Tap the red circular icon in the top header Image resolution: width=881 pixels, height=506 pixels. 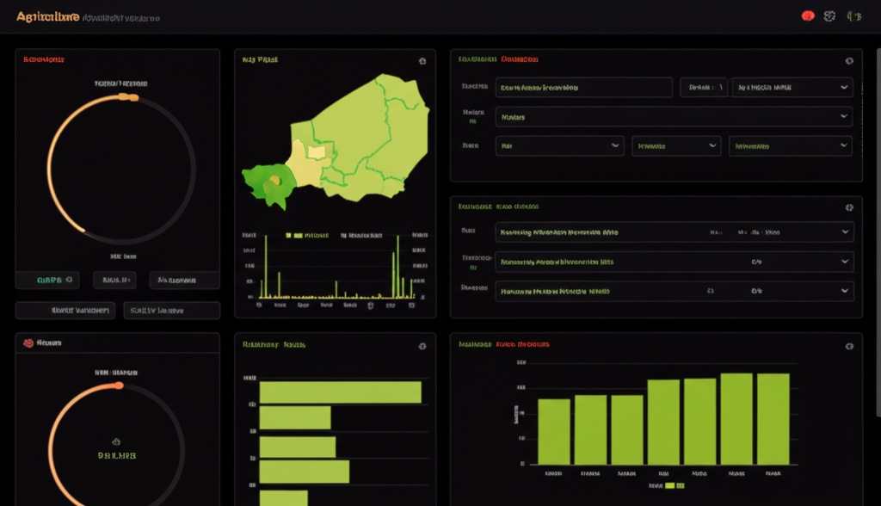(808, 15)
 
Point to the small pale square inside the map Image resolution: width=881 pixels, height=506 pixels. (317, 151)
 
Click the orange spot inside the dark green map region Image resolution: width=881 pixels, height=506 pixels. (275, 179)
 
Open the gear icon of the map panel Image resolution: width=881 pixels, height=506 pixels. (422, 61)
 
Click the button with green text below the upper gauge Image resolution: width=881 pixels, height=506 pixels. (47, 280)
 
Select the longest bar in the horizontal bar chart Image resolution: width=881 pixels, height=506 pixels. (340, 392)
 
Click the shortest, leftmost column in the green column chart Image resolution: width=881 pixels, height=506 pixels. (554, 431)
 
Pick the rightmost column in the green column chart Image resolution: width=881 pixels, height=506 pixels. (773, 418)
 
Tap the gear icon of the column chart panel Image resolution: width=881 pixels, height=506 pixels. (849, 345)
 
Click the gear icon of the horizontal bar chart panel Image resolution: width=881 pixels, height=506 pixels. (422, 345)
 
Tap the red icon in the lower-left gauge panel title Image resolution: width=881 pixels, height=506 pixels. (28, 342)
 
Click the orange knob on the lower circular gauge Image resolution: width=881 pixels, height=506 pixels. (119, 385)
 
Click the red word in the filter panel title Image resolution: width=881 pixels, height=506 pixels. (520, 60)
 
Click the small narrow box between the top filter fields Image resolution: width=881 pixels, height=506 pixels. (703, 87)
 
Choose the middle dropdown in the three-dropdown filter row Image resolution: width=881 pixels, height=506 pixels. (675, 146)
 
